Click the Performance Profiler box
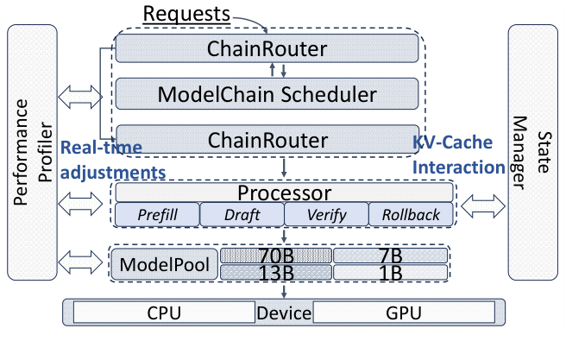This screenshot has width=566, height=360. click(x=32, y=153)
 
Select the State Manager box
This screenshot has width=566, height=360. click(x=534, y=153)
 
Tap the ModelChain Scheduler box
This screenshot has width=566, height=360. click(x=267, y=93)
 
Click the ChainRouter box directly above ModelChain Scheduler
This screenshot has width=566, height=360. click(x=267, y=48)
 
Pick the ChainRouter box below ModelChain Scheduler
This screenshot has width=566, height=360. click(x=267, y=139)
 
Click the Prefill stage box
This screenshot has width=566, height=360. click(x=157, y=214)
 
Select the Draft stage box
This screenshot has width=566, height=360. click(x=242, y=214)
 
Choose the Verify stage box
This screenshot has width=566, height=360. click(x=325, y=214)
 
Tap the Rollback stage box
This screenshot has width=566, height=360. click(x=409, y=214)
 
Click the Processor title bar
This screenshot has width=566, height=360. click(x=284, y=192)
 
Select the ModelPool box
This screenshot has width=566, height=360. click(x=162, y=264)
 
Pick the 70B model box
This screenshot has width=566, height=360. click(x=275, y=256)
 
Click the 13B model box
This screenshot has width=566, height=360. click(x=275, y=273)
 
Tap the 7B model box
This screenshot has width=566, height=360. click(x=390, y=256)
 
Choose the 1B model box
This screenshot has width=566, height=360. click(x=390, y=273)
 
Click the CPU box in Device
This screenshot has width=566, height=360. click(x=163, y=312)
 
